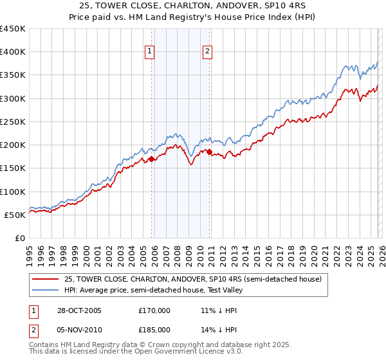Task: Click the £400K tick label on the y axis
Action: tap(13, 52)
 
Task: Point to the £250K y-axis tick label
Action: tap(13, 122)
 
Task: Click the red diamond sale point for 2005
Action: tap(151, 159)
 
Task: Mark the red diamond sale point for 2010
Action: tap(210, 152)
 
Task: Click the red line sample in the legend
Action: tap(46, 278)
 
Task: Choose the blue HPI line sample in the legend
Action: tap(46, 289)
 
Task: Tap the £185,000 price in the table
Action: tap(154, 329)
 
